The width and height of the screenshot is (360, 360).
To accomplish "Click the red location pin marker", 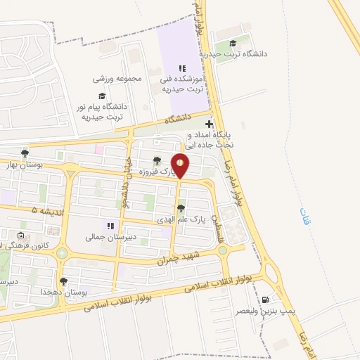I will (181, 165).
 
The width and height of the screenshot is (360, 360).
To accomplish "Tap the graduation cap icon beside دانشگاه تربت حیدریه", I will (233, 44).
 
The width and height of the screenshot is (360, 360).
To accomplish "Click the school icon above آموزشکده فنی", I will (182, 69).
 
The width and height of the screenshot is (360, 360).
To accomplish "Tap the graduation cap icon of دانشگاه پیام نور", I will (102, 96).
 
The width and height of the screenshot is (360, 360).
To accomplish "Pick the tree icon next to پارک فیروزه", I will (157, 161).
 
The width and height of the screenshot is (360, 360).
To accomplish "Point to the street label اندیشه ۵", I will (45, 210).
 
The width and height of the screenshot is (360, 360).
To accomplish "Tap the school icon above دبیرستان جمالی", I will (110, 226).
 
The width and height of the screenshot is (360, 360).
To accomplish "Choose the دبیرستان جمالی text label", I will (105, 238).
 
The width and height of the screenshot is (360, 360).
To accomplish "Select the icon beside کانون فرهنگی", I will (20, 236).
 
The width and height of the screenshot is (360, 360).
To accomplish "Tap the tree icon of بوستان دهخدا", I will (64, 281).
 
